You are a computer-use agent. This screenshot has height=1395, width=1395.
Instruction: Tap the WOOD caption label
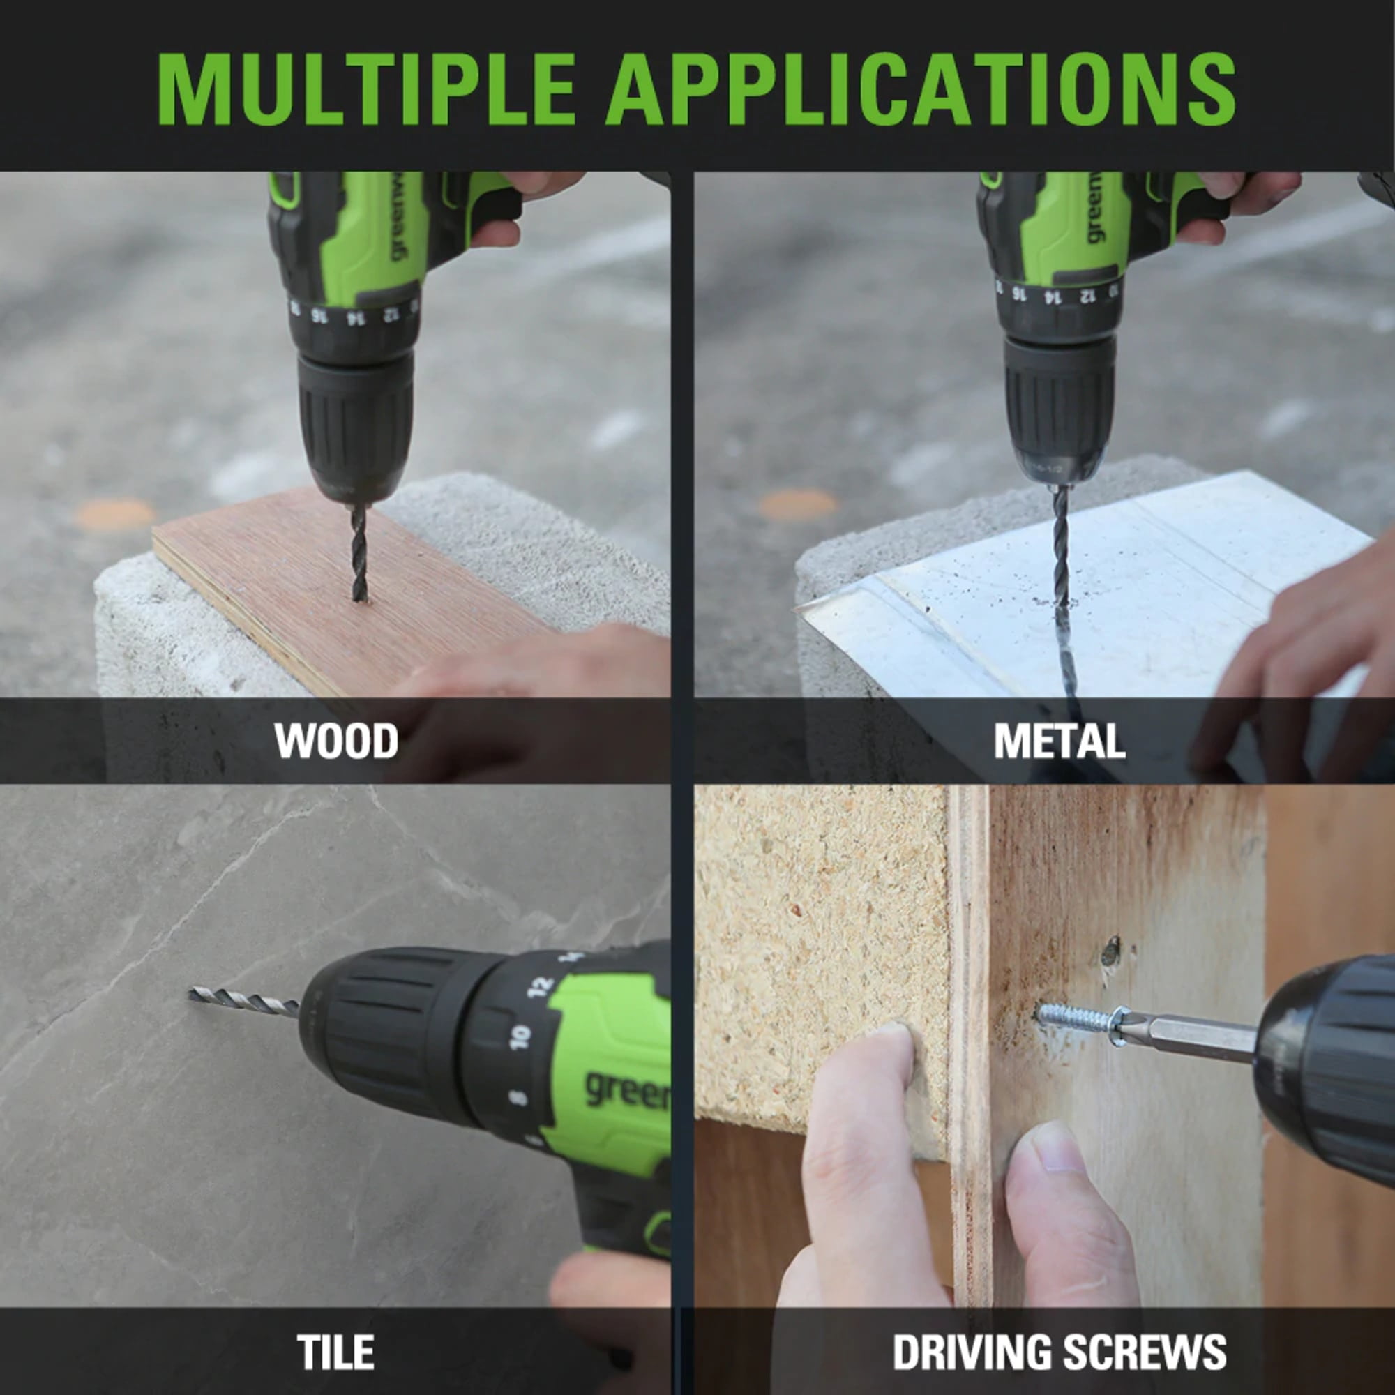point(335,741)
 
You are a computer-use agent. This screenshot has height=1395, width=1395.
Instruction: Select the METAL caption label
point(1060,741)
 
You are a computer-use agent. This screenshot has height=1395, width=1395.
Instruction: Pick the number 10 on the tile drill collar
point(519,1037)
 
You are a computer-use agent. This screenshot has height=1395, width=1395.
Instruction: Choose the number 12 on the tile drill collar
point(540,986)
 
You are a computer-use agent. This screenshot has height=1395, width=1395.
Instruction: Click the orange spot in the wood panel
point(114,513)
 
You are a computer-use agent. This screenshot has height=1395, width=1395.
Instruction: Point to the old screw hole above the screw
point(1111,951)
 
